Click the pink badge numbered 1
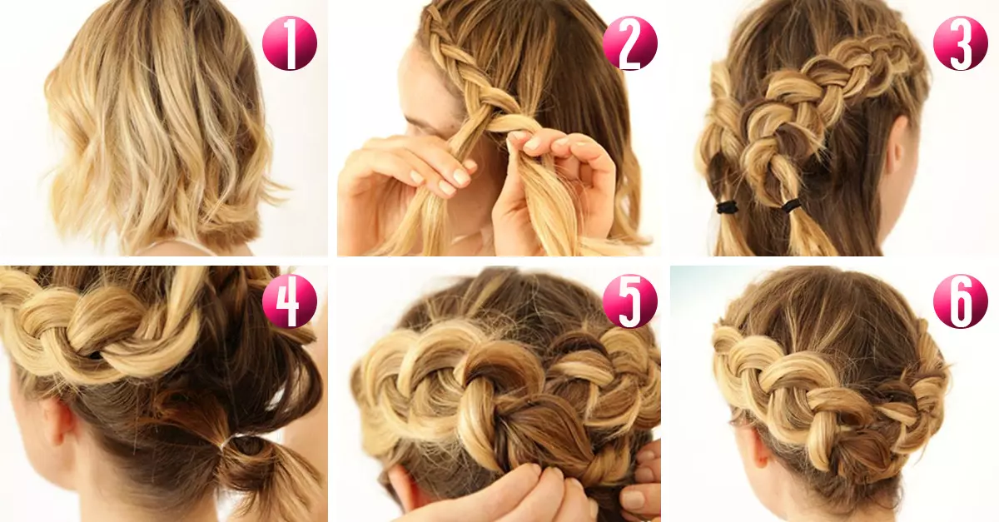[x=290, y=43]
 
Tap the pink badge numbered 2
[x=629, y=43]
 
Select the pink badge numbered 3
[x=961, y=43]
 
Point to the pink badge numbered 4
[x=290, y=301]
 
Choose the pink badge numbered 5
[x=629, y=301]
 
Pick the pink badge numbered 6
[x=961, y=301]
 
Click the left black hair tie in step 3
[x=727, y=207]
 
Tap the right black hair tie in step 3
[x=791, y=206]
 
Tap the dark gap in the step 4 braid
[x=96, y=355]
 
